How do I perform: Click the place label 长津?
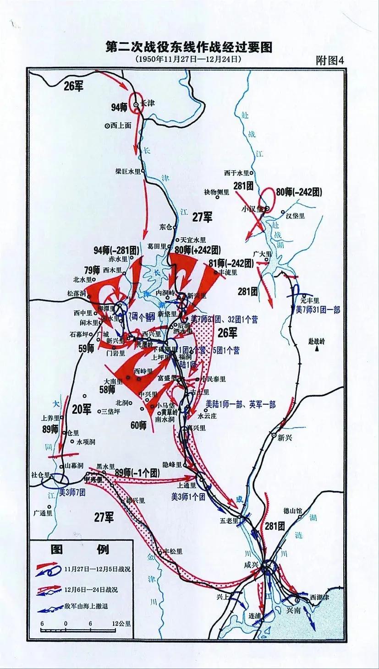pyautogui.click(x=148, y=104)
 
